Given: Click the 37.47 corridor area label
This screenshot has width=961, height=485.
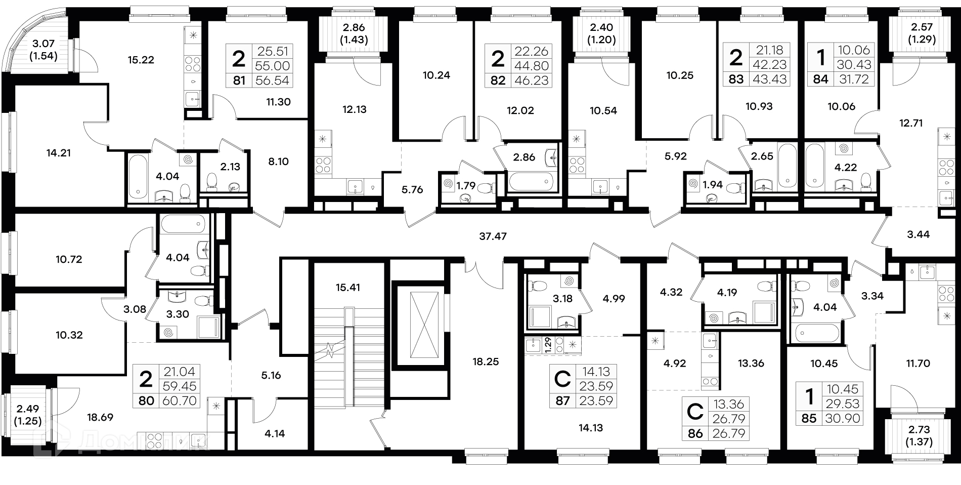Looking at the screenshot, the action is [x=493, y=236].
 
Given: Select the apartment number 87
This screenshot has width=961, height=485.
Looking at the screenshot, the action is [x=562, y=401].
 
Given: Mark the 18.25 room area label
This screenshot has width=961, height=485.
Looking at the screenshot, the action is [x=486, y=361].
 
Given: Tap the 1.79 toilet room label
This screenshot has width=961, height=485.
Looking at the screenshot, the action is [x=466, y=185].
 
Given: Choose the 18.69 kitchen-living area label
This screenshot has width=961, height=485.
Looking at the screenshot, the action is [x=100, y=418].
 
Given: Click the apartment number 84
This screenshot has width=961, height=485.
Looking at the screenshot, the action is [x=821, y=79].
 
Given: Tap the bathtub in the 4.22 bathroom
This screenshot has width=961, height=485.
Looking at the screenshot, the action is [x=815, y=165].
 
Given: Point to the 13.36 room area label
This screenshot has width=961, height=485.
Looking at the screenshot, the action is [x=751, y=363].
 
